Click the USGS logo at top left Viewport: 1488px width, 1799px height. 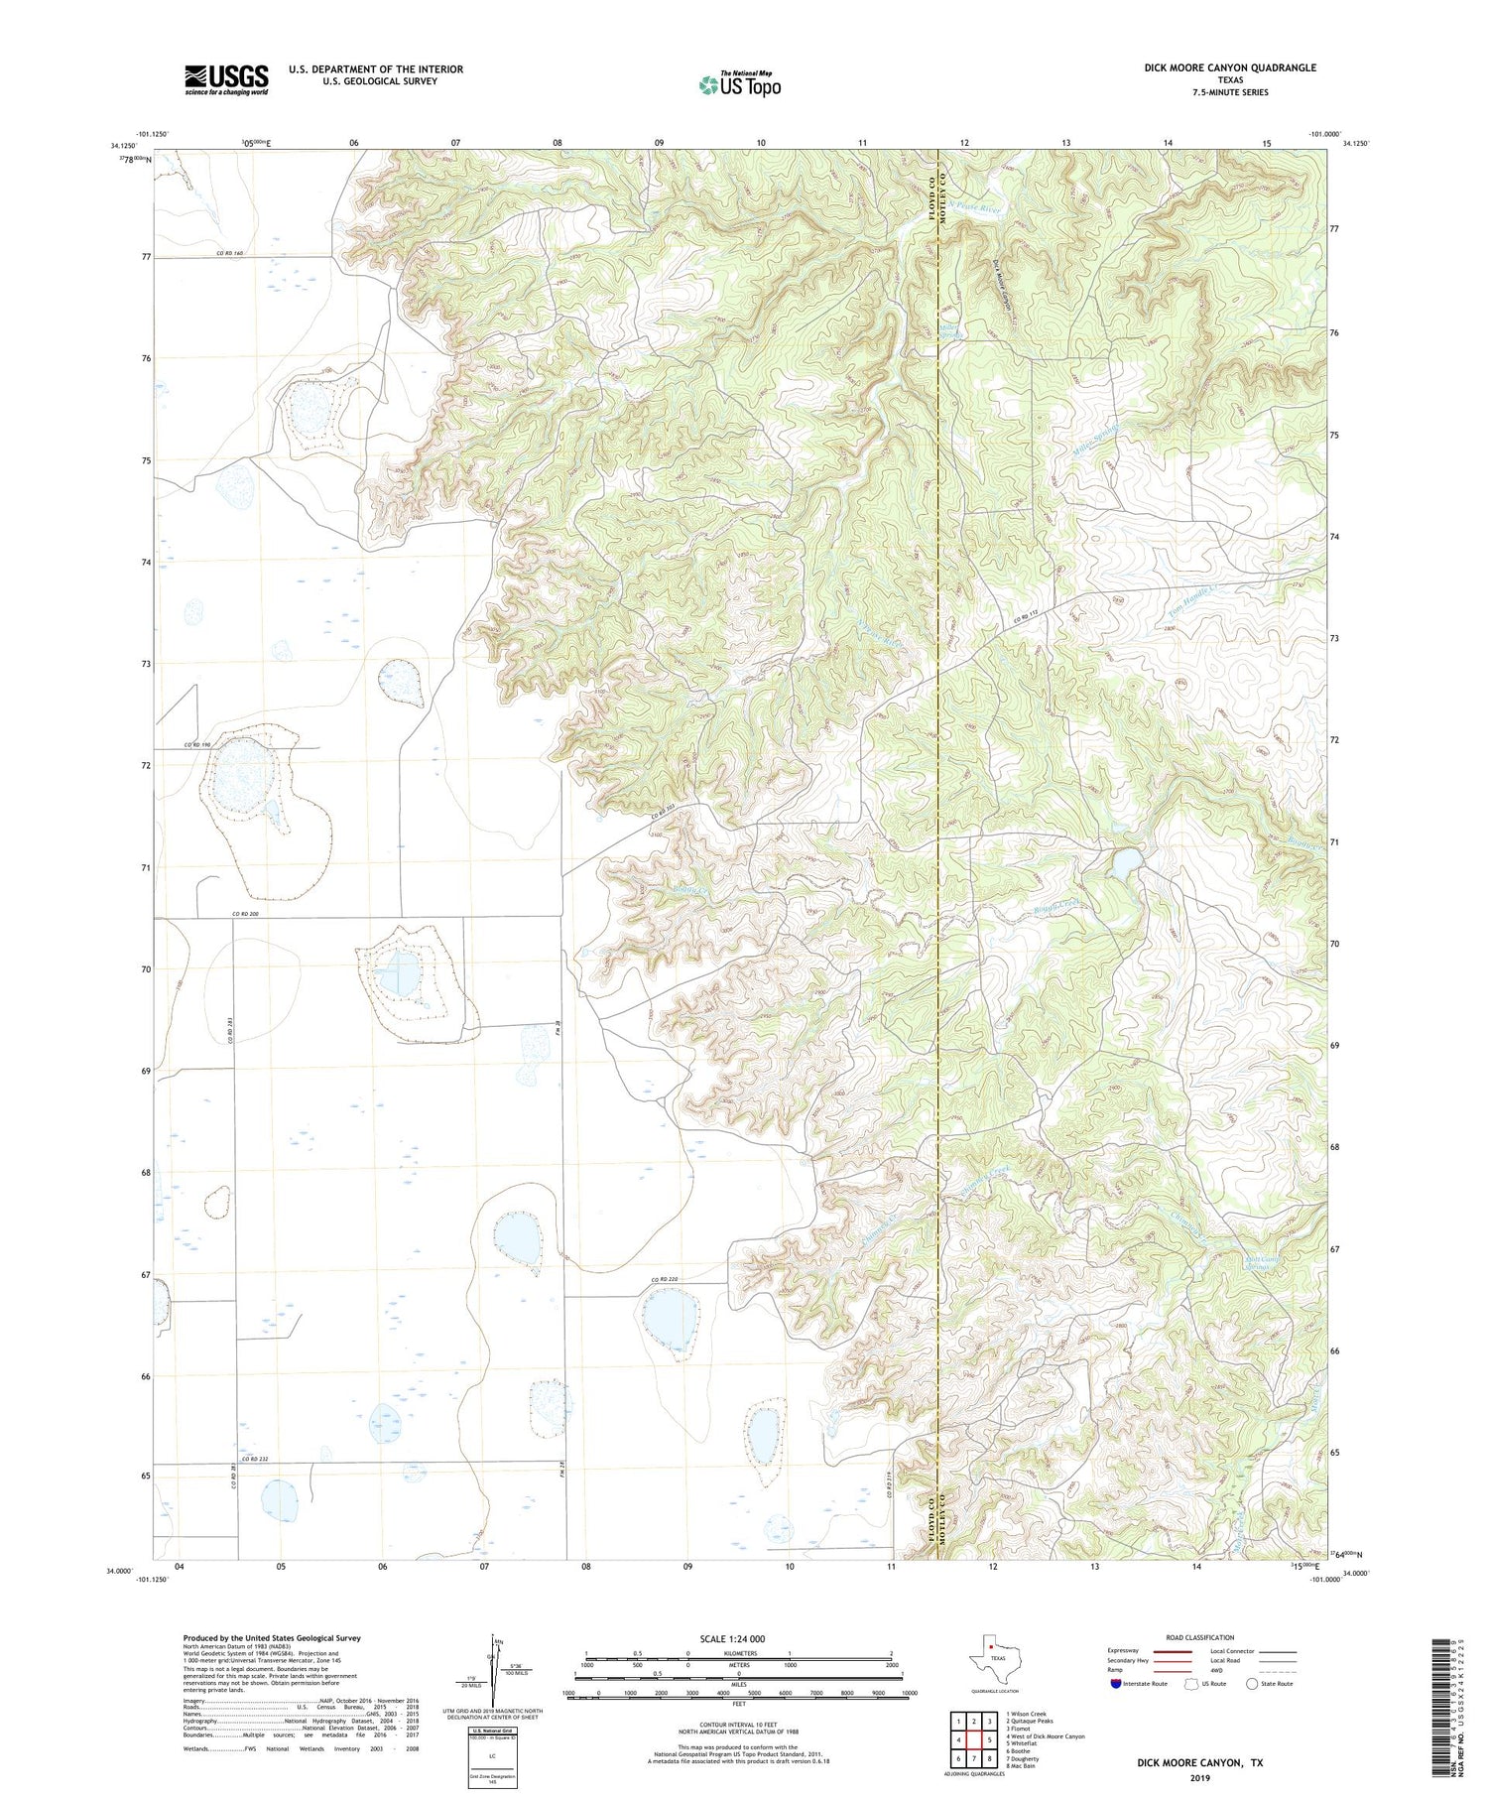tap(226, 79)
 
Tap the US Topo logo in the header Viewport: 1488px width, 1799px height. tap(739, 84)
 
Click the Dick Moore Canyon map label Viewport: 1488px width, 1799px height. tap(1004, 289)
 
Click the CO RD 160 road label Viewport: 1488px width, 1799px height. tap(230, 253)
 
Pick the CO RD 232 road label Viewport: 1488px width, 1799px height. tap(255, 1459)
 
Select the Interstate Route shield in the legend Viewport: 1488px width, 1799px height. tap(1115, 1684)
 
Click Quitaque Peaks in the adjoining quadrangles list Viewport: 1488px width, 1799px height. tap(1034, 1722)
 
